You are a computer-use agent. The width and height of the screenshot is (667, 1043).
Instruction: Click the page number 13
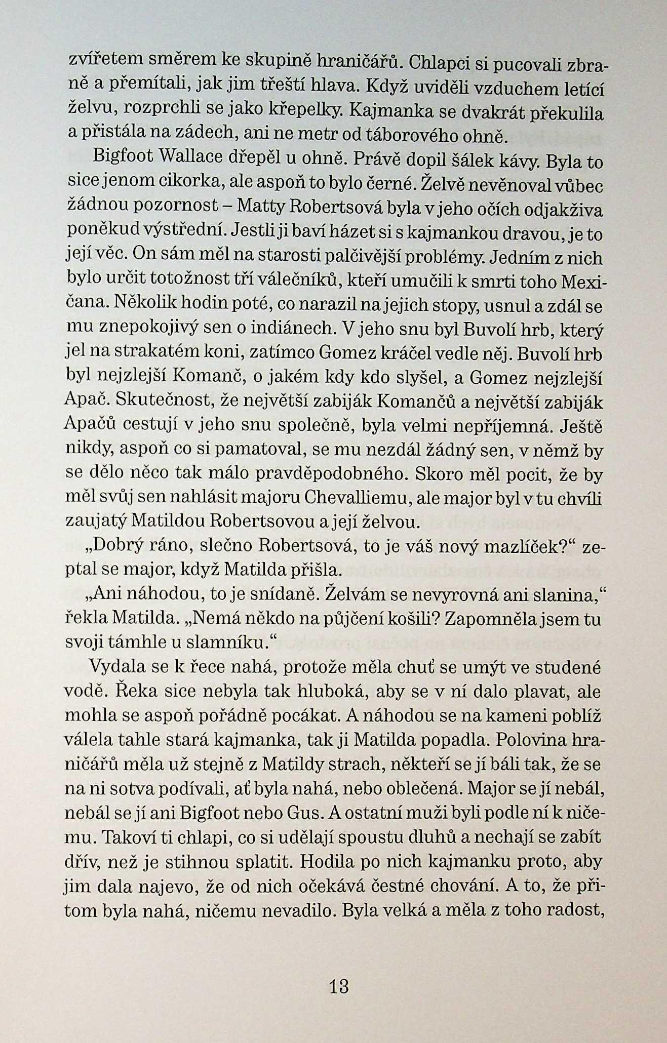tap(339, 986)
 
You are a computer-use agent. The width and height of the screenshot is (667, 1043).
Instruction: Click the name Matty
tap(259, 206)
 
